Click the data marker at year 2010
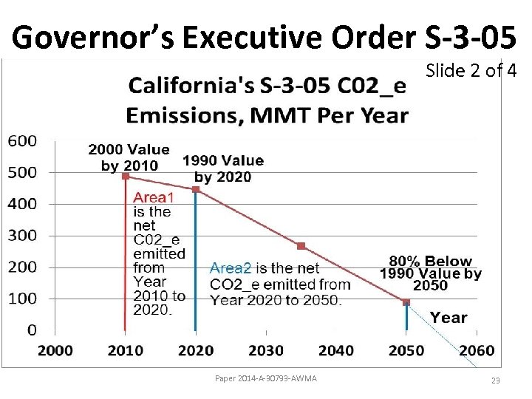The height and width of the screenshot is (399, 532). [x=126, y=176]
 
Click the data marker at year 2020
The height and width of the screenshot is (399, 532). [x=196, y=189]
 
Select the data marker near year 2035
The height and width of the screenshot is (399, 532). [x=301, y=246]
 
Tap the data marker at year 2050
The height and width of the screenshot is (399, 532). [x=406, y=301]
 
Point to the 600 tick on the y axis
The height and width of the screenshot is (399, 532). [x=21, y=140]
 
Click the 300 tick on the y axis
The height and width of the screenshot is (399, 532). [x=21, y=236]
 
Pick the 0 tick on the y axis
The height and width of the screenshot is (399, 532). [x=31, y=330]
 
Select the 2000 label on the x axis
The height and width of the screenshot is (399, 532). [x=55, y=350]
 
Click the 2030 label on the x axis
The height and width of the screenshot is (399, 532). [x=265, y=350]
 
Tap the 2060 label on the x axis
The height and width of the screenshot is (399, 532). [x=477, y=350]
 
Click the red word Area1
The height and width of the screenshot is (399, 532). [x=153, y=197]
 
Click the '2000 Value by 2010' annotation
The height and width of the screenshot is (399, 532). [x=129, y=157]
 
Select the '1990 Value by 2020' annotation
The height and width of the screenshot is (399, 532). [x=222, y=168]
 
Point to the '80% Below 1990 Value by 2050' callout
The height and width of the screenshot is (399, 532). [x=430, y=273]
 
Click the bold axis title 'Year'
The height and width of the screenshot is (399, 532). [x=449, y=318]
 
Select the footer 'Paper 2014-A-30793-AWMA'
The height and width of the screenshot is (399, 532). [x=265, y=379]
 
